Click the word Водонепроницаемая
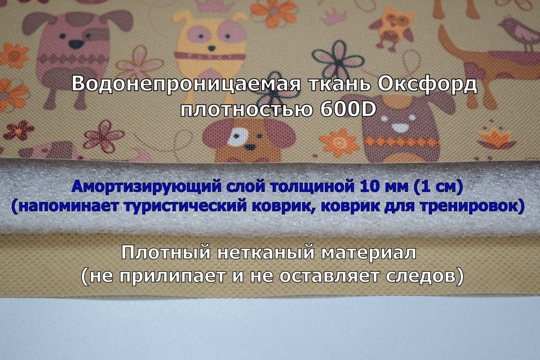click(x=186, y=83)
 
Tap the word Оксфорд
click(x=427, y=84)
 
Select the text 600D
click(x=348, y=109)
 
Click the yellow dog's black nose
click(x=211, y=48)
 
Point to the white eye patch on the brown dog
click(x=238, y=136)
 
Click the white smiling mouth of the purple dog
click(x=400, y=128)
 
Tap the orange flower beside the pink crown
click(x=274, y=13)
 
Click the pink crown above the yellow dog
click(x=215, y=5)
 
